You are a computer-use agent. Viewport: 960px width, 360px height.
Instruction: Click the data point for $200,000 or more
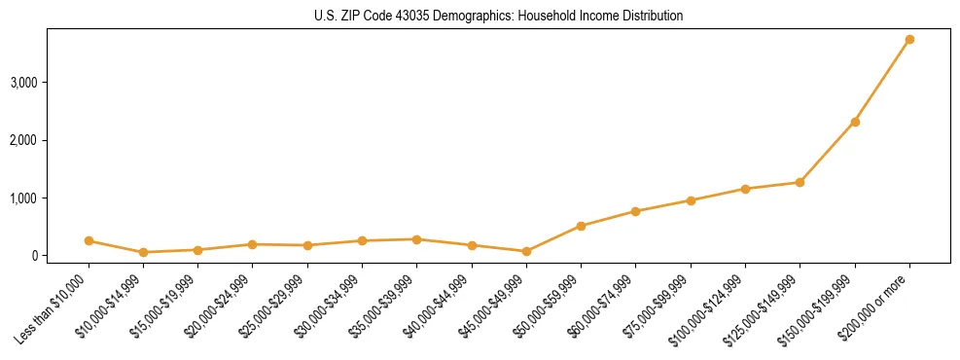pos(909,40)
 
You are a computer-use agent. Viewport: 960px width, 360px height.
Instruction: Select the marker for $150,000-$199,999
pos(855,122)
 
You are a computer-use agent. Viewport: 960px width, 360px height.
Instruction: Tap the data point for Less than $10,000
pos(89,240)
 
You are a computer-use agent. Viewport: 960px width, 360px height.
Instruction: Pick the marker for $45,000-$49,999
pos(526,251)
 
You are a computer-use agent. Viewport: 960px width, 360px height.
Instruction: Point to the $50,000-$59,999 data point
pos(581,226)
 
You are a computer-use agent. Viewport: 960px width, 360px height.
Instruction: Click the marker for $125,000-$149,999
pos(800,182)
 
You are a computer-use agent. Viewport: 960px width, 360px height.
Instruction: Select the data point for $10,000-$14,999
pos(143,252)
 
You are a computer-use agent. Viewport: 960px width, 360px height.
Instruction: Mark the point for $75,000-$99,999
pos(691,200)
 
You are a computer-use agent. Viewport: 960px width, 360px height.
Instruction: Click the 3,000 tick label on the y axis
pos(23,83)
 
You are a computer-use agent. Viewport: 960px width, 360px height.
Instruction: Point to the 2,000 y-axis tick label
pos(23,140)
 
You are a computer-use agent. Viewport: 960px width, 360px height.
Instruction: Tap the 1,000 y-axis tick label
pos(23,198)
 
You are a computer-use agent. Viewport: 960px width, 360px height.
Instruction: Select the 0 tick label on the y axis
pos(33,256)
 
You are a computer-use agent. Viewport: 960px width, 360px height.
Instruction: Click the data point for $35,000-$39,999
pos(416,239)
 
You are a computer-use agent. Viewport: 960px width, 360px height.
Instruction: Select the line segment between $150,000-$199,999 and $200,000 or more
pos(882,81)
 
